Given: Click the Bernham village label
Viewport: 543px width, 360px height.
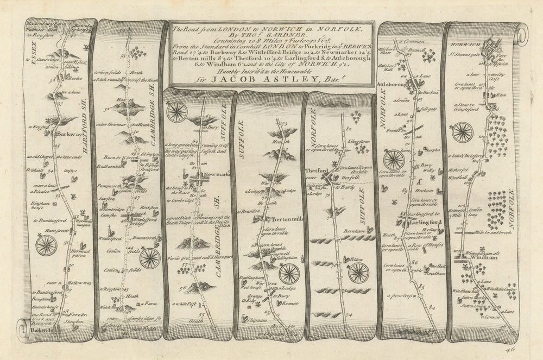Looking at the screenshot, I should point(353,231).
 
